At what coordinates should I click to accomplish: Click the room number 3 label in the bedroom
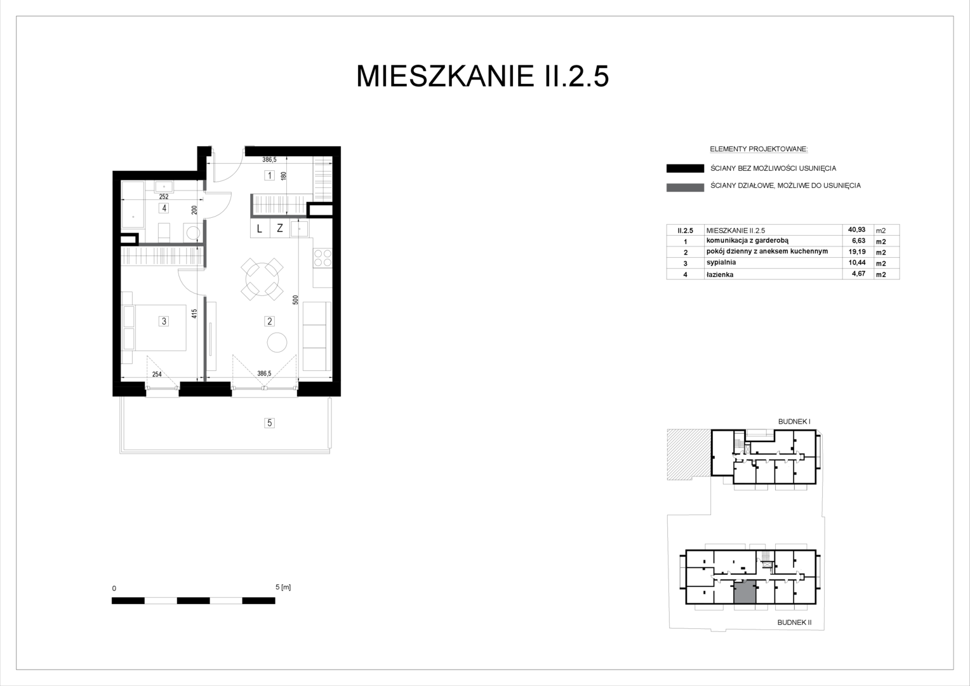pos(164,321)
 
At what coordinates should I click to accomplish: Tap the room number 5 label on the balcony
pos(269,422)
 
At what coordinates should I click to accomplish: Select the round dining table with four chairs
pos(262,279)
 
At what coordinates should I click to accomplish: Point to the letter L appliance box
pos(260,229)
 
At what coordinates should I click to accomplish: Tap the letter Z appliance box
pos(280,229)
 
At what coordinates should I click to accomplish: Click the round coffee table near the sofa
pos(277,342)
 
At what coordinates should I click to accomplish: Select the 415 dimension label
pos(194,313)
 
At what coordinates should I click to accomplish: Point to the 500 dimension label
pos(295,300)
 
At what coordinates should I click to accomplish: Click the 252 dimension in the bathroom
pos(164,196)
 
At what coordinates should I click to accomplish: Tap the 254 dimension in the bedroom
pos(157,374)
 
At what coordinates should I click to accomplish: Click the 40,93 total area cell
pos(856,230)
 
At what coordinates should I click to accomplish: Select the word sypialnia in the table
pos(721,262)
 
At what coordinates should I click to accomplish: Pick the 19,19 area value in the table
pos(857,252)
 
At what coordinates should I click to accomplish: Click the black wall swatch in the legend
pos(685,168)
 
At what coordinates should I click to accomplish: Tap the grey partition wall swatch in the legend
pos(685,187)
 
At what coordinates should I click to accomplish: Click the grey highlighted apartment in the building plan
pos(745,593)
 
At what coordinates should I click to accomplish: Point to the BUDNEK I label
pos(794,421)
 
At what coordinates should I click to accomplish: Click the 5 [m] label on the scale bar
pos(283,587)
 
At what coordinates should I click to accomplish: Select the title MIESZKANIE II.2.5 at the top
pos(482,76)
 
